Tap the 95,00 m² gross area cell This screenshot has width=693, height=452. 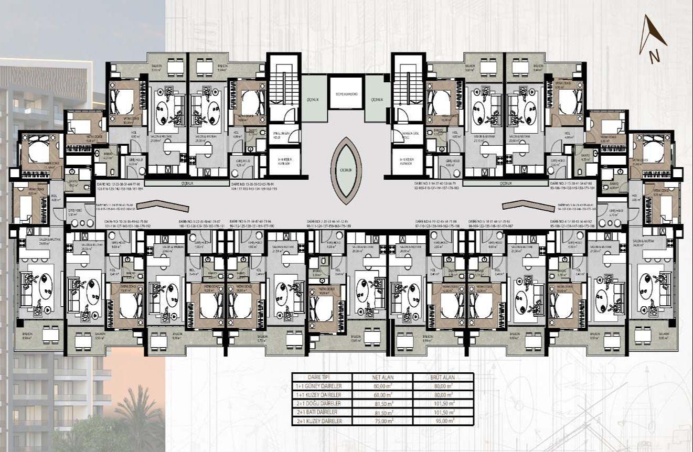[443, 420]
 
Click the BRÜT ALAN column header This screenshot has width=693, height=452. [443, 377]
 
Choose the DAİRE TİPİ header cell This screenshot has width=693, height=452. [322, 377]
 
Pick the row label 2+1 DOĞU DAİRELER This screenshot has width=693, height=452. [322, 403]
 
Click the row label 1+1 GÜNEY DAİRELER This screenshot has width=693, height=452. [322, 385]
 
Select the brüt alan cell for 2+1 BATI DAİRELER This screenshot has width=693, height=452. [443, 412]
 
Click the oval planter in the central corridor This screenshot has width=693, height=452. [345, 170]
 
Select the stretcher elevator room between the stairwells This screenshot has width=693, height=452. [346, 93]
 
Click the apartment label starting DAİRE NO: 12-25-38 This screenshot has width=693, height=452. [120, 185]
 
